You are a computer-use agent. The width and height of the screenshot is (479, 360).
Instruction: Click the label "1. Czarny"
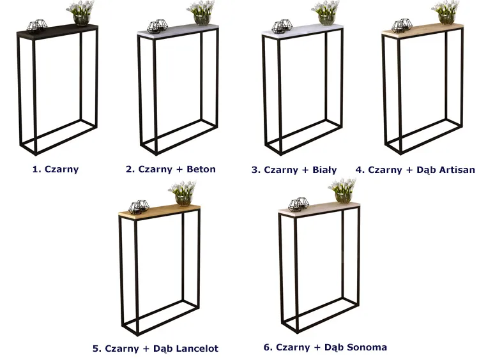pyautogui.click(x=56, y=169)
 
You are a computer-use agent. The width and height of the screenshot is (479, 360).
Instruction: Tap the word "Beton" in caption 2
pyautogui.click(x=201, y=169)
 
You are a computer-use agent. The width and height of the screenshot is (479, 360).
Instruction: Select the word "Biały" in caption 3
pyautogui.click(x=324, y=170)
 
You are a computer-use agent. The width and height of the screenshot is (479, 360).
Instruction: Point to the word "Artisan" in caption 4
pyautogui.click(x=457, y=169)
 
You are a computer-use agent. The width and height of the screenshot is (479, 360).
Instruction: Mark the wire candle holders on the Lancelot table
pyautogui.click(x=139, y=207)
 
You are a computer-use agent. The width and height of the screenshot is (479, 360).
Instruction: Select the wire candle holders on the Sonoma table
pyautogui.click(x=299, y=204)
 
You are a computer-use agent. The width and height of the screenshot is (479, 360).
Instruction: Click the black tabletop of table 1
pyautogui.click(x=57, y=29)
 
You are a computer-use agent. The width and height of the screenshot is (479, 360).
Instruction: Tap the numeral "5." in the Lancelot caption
pyautogui.click(x=97, y=349)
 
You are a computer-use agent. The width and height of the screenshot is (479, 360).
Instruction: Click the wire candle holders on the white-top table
pyautogui.click(x=282, y=26)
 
